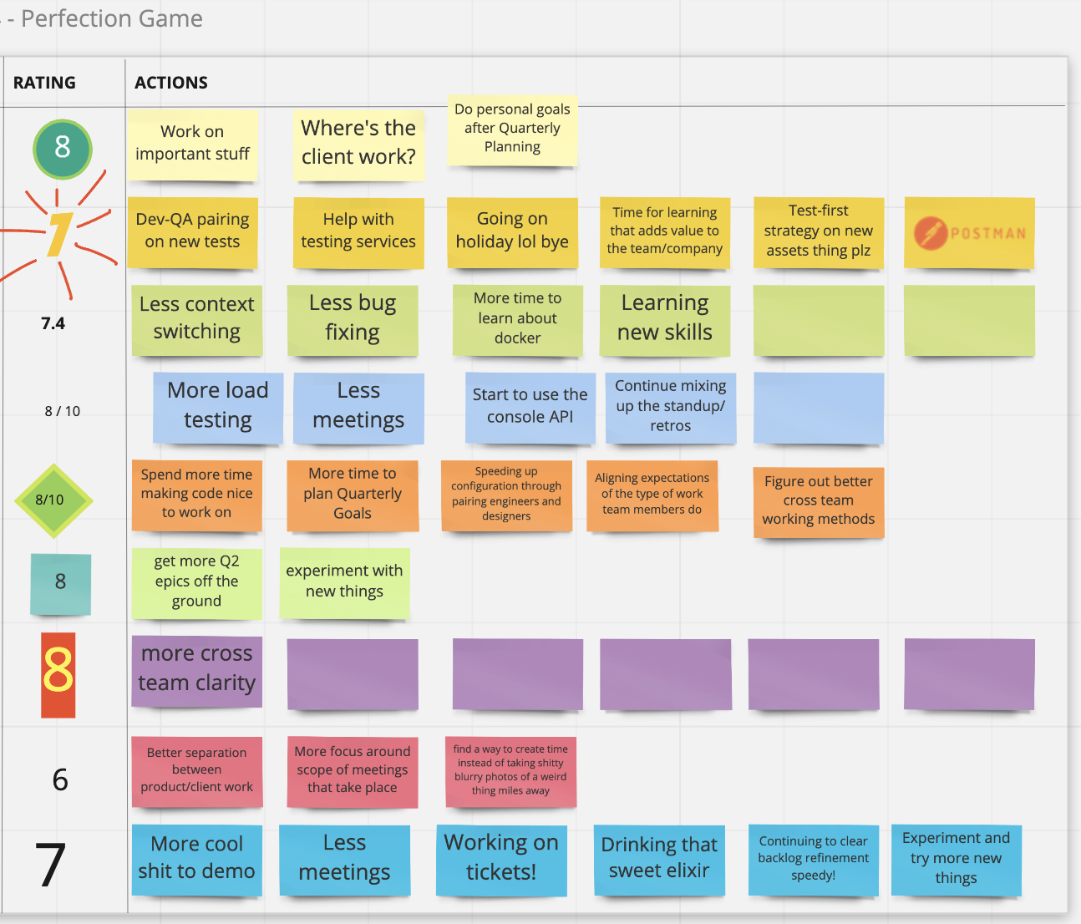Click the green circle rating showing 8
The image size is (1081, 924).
[63, 149]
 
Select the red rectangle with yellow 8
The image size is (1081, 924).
[58, 674]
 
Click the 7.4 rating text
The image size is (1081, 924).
[53, 323]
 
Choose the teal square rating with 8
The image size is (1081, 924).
[60, 583]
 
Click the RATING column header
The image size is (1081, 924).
[44, 83]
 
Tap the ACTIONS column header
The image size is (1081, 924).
[171, 83]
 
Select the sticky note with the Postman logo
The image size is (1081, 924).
[969, 233]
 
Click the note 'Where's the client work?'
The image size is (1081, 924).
[358, 143]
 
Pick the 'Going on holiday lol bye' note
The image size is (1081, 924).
[512, 231]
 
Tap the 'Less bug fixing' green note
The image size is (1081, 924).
[353, 318]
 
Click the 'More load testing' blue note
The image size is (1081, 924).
[218, 406]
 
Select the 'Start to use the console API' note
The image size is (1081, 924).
[530, 407]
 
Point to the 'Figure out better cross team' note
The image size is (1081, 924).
[818, 500]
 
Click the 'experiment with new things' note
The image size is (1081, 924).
[344, 581]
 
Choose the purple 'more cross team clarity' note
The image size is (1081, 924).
[196, 669]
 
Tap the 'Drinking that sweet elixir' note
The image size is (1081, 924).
[659, 859]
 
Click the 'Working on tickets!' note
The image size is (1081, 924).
[501, 858]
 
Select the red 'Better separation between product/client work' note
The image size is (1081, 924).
[196, 770]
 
